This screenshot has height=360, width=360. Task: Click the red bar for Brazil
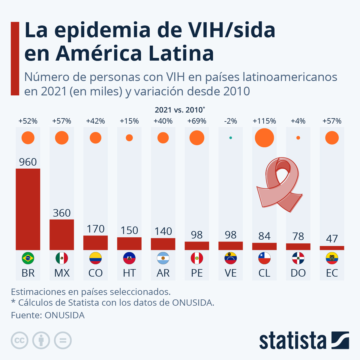point(28,209)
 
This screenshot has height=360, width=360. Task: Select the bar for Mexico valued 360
point(62,235)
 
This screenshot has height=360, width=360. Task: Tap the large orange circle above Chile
point(264,138)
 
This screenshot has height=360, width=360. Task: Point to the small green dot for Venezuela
point(230,138)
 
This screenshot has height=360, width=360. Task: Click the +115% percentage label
point(264,121)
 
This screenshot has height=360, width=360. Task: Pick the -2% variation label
point(230,121)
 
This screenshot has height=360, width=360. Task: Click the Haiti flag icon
point(129,258)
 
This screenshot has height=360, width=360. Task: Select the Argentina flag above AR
point(163,258)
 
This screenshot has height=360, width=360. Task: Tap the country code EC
point(332,273)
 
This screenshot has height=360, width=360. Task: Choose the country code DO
point(298,273)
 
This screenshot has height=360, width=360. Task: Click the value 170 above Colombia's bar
point(95,229)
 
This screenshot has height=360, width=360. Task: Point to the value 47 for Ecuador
point(332,239)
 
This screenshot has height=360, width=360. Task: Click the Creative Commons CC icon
point(19,340)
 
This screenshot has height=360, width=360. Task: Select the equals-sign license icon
point(63,340)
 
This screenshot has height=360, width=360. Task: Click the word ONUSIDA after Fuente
point(64,315)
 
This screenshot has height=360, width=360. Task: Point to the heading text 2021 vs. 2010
point(179,110)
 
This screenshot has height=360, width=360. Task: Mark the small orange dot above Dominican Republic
point(298,138)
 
